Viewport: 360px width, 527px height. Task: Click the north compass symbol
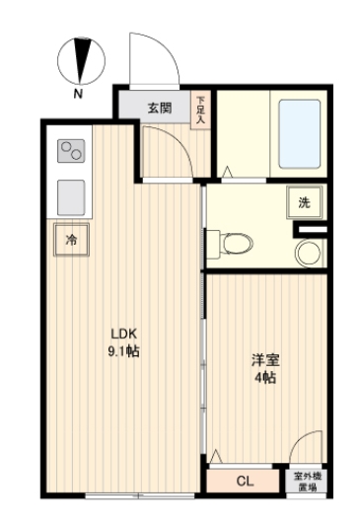click(x=80, y=58)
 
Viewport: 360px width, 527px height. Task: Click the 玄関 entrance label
click(x=160, y=107)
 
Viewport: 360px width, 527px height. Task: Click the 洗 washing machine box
click(x=304, y=203)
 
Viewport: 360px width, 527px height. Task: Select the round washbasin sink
click(x=307, y=253)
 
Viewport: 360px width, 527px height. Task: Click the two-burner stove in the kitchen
click(x=71, y=151)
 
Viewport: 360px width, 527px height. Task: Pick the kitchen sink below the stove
click(x=71, y=197)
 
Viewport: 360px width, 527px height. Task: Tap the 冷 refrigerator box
click(x=71, y=240)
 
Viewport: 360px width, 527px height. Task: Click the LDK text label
click(x=122, y=333)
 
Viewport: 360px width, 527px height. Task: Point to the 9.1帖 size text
click(x=122, y=350)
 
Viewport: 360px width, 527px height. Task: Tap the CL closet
click(x=246, y=481)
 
